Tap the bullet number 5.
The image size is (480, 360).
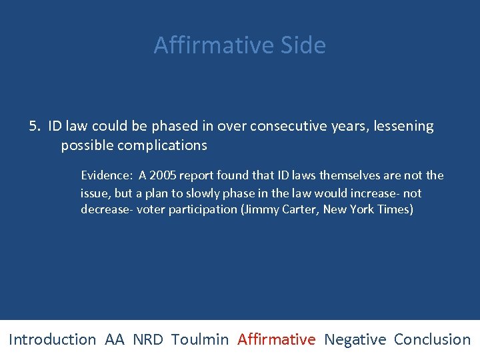click(35, 126)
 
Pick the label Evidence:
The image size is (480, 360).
click(107, 175)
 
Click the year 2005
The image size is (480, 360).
click(164, 175)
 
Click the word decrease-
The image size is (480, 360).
click(107, 210)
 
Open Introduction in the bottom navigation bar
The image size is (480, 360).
click(52, 339)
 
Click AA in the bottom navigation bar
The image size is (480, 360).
click(115, 339)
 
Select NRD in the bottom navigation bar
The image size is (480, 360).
click(147, 339)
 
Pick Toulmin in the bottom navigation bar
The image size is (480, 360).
click(199, 339)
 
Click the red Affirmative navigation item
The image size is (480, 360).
click(276, 339)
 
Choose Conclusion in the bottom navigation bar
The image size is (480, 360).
click(432, 339)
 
